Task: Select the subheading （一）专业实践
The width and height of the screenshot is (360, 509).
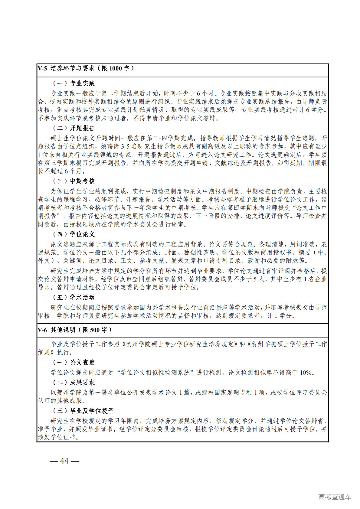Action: (74, 83)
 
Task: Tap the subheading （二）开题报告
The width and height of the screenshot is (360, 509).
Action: (74, 128)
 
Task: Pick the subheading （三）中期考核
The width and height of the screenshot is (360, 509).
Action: (74, 181)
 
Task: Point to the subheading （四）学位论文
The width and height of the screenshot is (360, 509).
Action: (74, 234)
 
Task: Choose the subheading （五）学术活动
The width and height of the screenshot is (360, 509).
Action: (74, 297)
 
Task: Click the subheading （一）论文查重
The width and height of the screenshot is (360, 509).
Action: (74, 362)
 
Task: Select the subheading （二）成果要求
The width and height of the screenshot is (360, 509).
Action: (74, 383)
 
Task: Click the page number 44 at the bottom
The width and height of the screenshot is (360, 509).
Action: (64, 461)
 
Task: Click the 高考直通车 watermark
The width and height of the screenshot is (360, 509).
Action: (335, 497)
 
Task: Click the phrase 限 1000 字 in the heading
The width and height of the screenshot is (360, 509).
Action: (116, 68)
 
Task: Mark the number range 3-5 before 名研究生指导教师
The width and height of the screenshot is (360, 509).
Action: (125, 147)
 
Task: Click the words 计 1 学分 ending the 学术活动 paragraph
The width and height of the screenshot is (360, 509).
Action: (279, 316)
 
